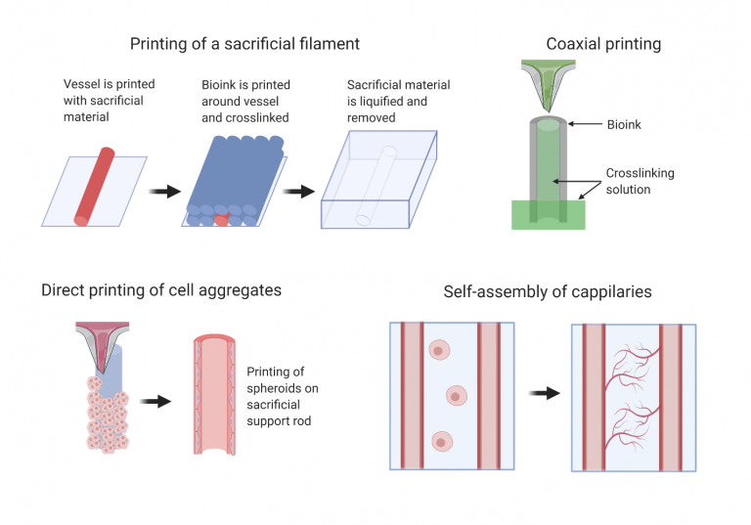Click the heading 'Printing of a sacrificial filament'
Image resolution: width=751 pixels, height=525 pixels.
[x=244, y=43]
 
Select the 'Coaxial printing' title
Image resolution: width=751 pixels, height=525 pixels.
[x=603, y=43]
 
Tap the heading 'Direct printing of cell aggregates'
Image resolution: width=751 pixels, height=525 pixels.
[x=161, y=290]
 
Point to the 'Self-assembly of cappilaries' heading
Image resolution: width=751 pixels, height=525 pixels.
[x=548, y=291]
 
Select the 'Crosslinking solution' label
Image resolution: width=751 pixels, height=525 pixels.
[x=640, y=181]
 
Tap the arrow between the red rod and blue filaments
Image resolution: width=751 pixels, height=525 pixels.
[x=163, y=191]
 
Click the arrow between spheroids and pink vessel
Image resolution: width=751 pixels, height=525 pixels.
[x=154, y=401]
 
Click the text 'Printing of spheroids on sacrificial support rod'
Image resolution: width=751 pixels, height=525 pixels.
[x=282, y=396]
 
